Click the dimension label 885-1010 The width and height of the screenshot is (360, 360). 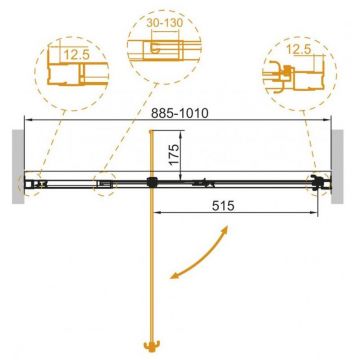click(180, 113)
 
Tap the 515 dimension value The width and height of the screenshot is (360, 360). click(223, 206)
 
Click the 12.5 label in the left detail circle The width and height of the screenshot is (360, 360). click(76, 55)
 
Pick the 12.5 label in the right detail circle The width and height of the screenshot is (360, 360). click(299, 50)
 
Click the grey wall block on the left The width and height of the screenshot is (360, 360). click(18, 167)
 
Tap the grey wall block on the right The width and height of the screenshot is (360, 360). click(337, 167)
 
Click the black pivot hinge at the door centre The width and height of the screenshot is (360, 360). click(151, 182)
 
